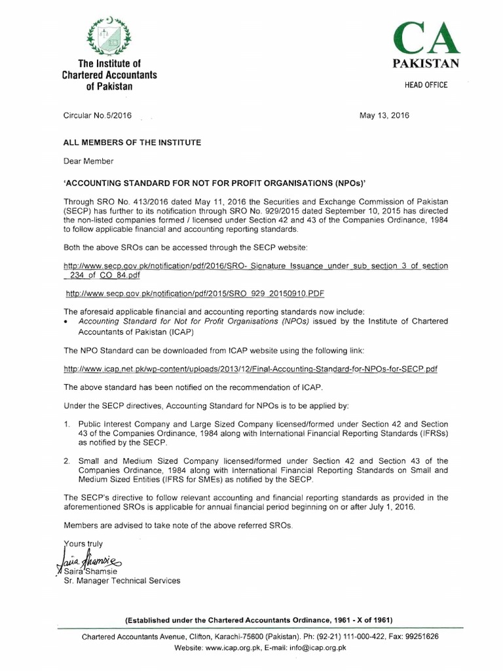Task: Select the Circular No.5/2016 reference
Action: pos(98,116)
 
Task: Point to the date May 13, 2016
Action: pos(384,116)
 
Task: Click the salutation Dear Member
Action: pos(88,161)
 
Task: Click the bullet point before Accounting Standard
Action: pos(66,322)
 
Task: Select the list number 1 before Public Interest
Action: pos(67,425)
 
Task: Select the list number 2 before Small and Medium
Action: pos(67,461)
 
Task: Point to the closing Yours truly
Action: pos(84,543)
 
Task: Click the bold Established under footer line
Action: pos(259,620)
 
